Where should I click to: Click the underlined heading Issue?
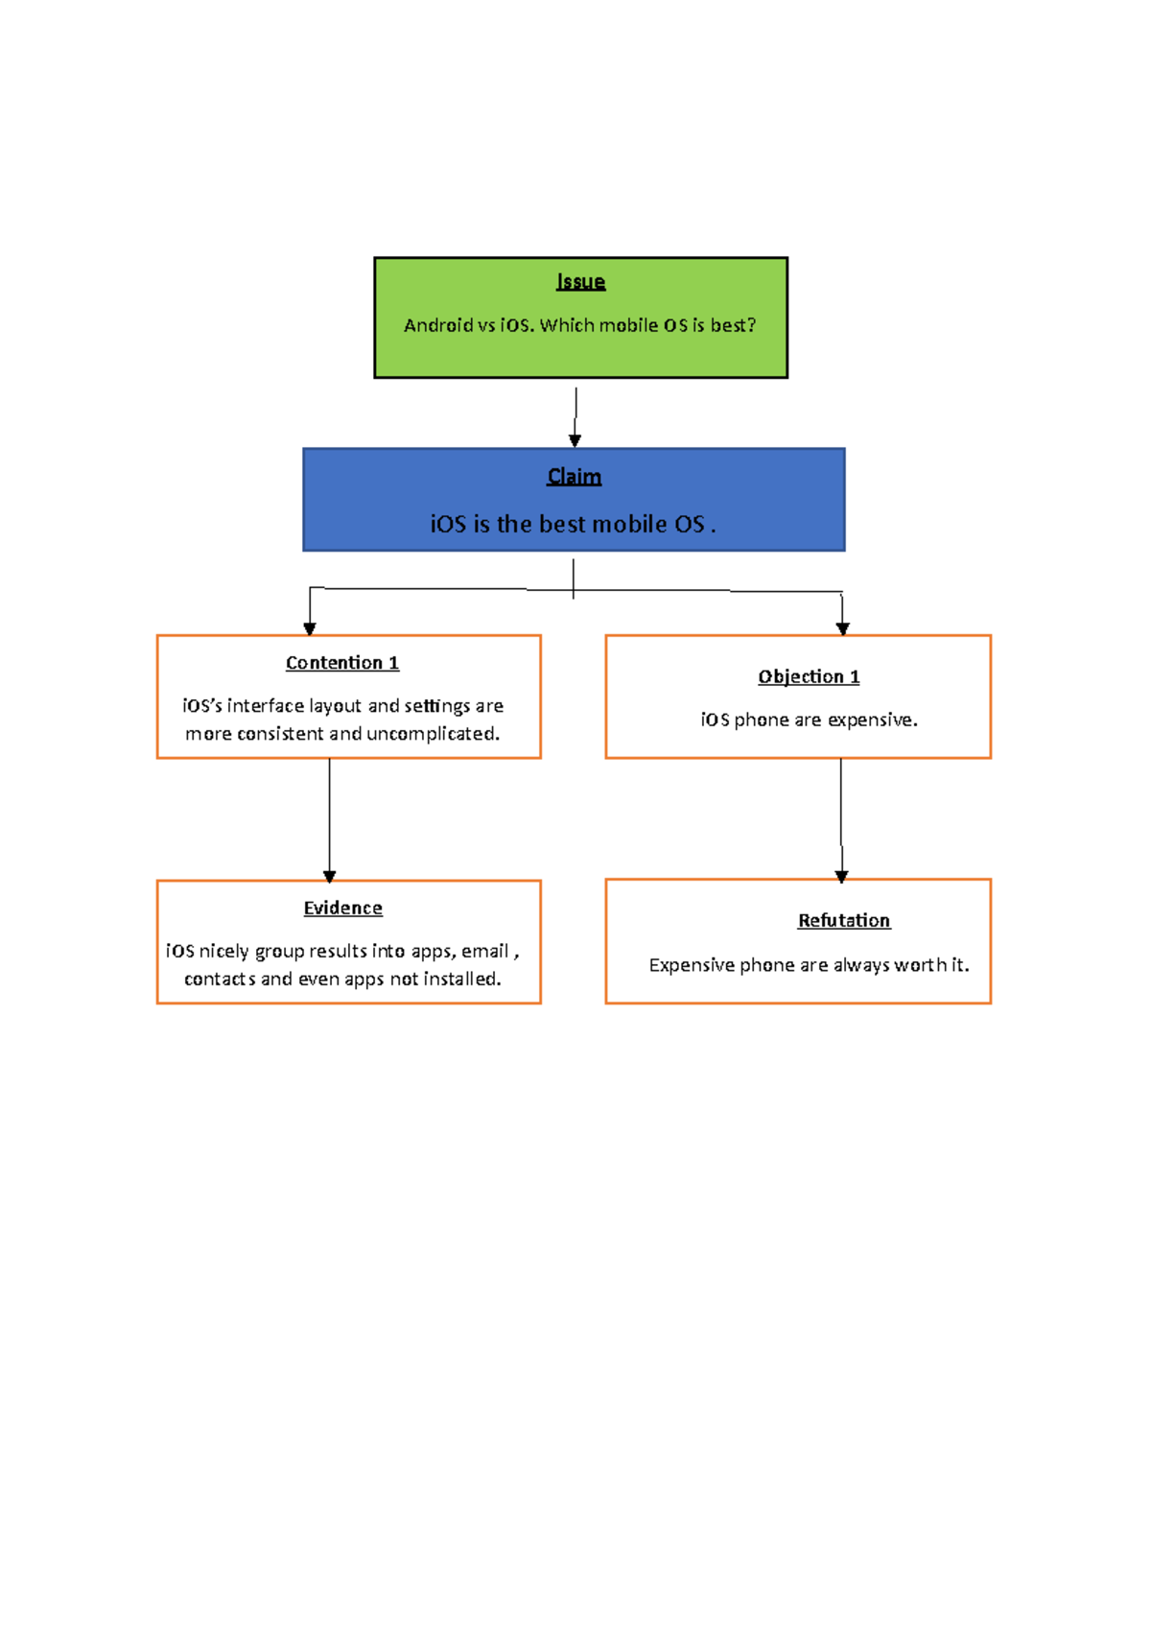tap(580, 282)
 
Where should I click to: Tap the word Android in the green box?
tap(438, 325)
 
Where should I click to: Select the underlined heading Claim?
tap(574, 477)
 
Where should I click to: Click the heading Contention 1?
tap(341, 663)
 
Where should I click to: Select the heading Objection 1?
tap(809, 676)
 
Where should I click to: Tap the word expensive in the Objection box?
tap(872, 720)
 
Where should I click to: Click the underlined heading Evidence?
tap(342, 908)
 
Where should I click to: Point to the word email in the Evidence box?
tap(484, 951)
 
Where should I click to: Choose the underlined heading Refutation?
tap(844, 920)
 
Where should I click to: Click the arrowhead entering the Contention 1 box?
tap(310, 628)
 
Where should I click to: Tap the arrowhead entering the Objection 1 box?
tap(842, 628)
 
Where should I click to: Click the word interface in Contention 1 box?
tap(266, 706)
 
